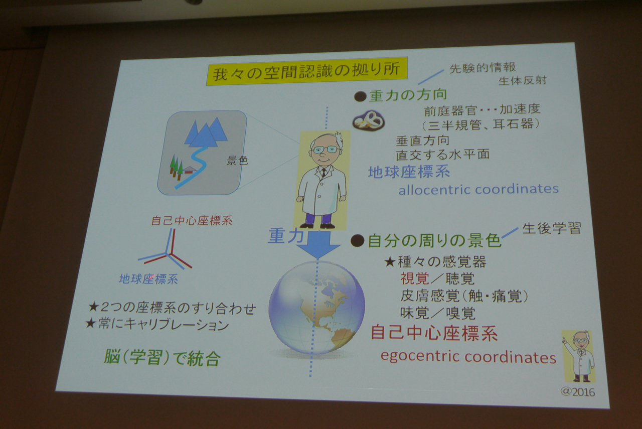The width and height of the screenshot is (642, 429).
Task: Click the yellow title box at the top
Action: point(307,72)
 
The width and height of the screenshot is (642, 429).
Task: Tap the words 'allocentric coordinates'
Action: point(478,189)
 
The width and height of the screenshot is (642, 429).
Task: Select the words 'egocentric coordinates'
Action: point(468,357)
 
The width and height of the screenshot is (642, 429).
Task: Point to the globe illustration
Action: point(316,308)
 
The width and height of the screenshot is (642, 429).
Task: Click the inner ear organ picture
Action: point(369,121)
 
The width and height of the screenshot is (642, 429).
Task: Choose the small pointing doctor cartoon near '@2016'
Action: point(578,356)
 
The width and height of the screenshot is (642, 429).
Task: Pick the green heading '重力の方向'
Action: point(408,95)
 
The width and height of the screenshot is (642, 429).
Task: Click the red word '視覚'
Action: point(414,278)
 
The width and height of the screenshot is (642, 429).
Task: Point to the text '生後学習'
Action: point(552,229)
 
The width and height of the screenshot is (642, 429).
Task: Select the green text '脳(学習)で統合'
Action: point(162,358)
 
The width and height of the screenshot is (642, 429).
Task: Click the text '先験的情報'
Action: point(483,68)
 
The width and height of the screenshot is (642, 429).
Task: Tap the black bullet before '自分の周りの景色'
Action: point(358,240)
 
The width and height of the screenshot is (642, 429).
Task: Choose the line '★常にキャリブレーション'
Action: point(157,325)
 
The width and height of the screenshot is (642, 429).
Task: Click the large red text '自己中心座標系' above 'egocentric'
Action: point(434,334)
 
